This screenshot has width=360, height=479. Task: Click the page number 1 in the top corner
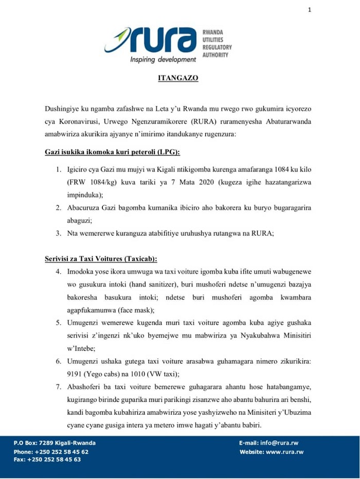coord(310,9)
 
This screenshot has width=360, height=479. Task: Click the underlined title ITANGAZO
coord(177,79)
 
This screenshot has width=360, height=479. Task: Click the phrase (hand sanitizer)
coord(142,285)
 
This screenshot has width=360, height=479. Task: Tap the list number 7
coord(59,387)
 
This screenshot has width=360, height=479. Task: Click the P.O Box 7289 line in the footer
coord(55,443)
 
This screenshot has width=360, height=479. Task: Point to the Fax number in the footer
coord(47,459)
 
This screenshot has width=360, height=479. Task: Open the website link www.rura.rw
coord(284,452)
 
